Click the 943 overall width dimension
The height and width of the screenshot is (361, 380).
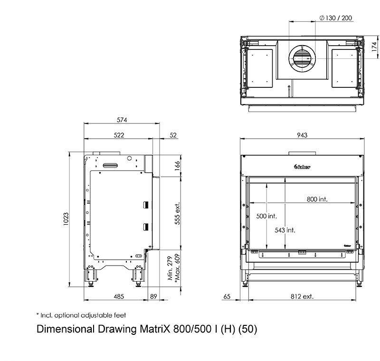(x=302, y=135)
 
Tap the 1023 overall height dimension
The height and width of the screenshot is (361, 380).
(x=66, y=219)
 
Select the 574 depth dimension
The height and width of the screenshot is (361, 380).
(x=122, y=120)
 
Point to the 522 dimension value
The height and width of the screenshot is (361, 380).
(x=119, y=135)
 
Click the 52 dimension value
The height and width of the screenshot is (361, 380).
(x=173, y=135)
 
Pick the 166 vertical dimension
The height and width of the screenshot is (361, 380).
(x=177, y=166)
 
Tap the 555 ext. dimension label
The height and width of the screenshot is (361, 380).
(x=177, y=213)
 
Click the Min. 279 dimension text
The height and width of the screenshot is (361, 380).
(x=171, y=268)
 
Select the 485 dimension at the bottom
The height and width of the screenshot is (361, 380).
(x=119, y=296)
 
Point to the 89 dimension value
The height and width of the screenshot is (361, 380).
(x=153, y=296)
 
